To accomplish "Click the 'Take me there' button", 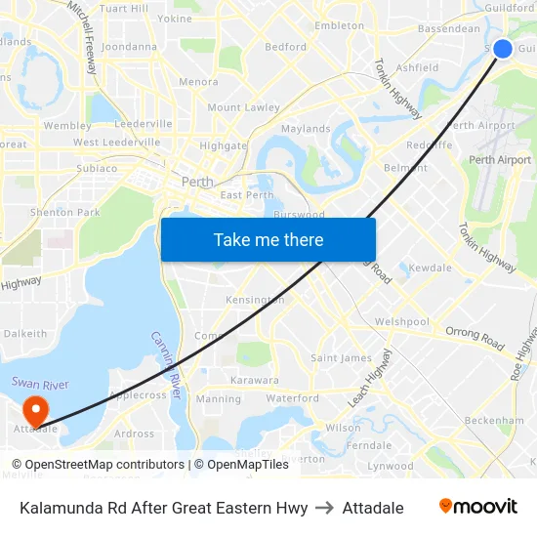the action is [x=268, y=239].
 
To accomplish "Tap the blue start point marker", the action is [x=503, y=49].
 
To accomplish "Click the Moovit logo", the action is [x=477, y=507].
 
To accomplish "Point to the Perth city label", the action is [x=197, y=182].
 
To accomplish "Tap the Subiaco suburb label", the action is [x=96, y=168].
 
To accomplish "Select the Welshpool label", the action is [x=402, y=321].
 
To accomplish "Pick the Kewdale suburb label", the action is [x=430, y=268].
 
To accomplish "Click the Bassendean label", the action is [x=448, y=28].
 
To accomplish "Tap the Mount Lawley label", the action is [x=243, y=107].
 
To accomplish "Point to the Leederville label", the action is [x=144, y=124].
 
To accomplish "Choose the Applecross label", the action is [x=138, y=395].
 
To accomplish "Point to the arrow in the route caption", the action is [x=325, y=508].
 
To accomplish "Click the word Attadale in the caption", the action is [x=373, y=508].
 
